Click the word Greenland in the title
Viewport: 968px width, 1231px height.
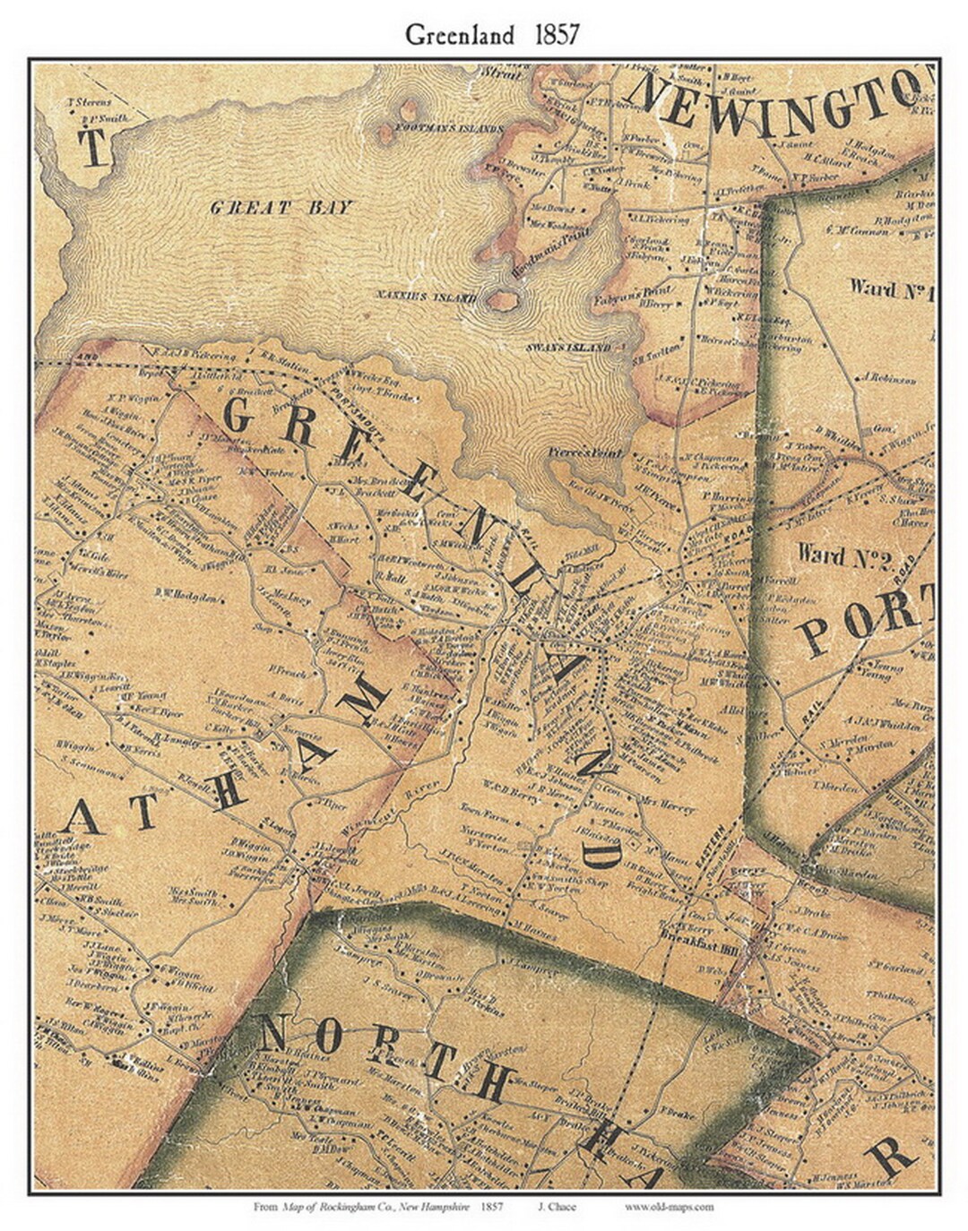(x=459, y=35)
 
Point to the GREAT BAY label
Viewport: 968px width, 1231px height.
(x=281, y=208)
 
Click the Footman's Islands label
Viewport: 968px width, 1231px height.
(x=449, y=129)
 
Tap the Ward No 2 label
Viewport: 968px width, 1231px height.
(x=841, y=555)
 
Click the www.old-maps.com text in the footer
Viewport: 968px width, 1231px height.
(x=669, y=1206)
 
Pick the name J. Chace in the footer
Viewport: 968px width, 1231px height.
(x=557, y=1206)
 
